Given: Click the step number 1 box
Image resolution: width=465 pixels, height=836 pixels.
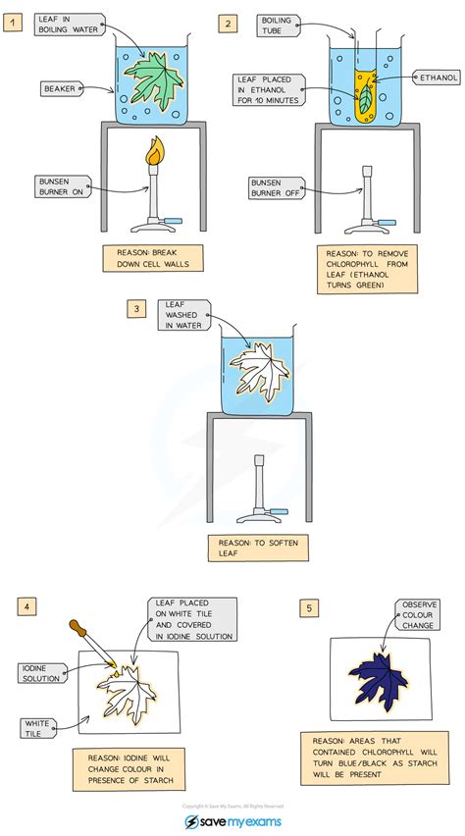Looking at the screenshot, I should point(12,22).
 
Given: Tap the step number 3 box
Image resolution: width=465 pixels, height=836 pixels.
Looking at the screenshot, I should point(135,309).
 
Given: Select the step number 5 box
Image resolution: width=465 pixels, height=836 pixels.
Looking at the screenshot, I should point(310,608).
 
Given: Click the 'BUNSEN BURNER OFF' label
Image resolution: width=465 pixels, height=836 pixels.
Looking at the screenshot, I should point(277,185).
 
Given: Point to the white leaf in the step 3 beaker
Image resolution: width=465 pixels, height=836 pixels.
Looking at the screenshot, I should point(259,369).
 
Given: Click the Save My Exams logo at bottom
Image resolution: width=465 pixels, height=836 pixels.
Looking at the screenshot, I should point(232,819).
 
